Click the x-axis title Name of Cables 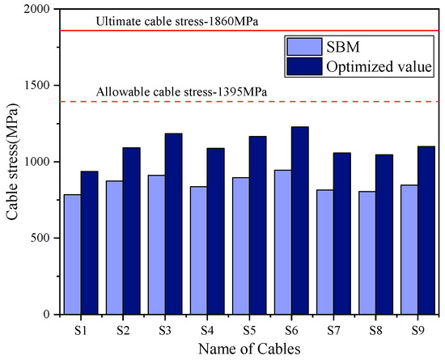[x=243, y=349]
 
